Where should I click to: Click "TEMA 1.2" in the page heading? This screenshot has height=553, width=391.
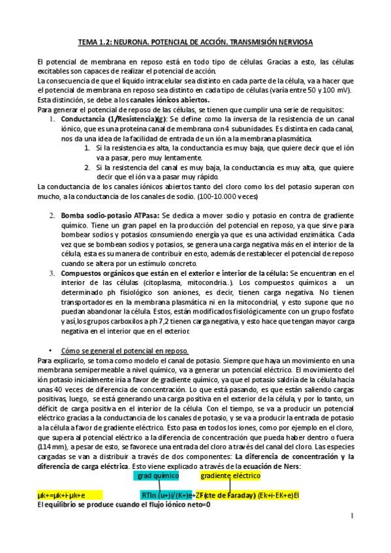[94, 42]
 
